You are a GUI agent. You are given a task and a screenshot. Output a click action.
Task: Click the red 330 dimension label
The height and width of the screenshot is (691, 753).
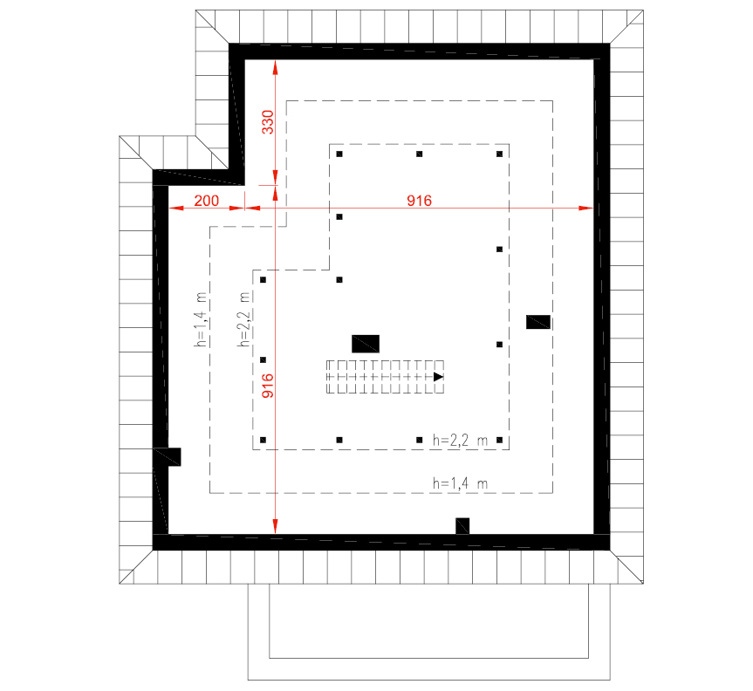tap(268, 122)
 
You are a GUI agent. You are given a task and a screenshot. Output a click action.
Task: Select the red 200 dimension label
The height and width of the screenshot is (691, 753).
tap(207, 201)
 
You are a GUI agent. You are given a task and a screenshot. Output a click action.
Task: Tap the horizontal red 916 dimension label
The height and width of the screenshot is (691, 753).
tap(419, 201)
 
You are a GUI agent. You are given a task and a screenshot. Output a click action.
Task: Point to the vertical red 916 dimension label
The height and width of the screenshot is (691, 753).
tap(268, 386)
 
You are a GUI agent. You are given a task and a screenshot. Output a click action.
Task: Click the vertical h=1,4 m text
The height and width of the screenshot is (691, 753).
tap(201, 318)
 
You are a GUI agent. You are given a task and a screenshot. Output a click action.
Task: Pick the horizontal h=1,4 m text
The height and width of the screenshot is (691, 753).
tap(460, 483)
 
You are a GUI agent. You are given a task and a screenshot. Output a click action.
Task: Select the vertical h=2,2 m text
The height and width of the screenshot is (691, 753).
tap(244, 318)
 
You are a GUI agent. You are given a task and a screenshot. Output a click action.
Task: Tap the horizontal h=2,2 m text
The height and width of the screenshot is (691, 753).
tap(460, 441)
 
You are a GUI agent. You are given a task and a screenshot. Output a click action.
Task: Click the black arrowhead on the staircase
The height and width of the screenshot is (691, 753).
tap(438, 377)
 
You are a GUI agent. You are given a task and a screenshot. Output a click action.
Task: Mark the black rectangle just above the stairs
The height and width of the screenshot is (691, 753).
tap(366, 344)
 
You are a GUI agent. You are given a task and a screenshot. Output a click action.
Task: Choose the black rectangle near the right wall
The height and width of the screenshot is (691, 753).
tap(538, 322)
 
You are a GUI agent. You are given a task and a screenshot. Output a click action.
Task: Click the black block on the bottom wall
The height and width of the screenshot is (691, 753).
tap(462, 526)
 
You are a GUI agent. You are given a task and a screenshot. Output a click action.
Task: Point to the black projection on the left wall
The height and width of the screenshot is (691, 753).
tap(174, 456)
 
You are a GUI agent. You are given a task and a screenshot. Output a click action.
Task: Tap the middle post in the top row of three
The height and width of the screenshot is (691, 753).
tap(419, 154)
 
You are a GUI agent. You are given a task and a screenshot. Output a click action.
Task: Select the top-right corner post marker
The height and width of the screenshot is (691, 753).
tap(499, 154)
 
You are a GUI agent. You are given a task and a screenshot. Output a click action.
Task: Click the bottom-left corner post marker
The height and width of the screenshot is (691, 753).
tap(263, 440)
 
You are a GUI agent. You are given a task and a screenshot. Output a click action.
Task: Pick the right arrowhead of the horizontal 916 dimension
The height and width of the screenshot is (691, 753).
tap(586, 208)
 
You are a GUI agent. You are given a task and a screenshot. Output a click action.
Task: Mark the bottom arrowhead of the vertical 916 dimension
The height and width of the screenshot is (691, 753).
tap(275, 526)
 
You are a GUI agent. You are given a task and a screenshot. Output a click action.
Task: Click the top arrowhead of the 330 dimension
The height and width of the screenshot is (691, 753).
tap(275, 67)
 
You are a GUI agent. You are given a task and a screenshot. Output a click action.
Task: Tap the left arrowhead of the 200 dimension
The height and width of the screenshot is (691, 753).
tap(176, 208)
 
